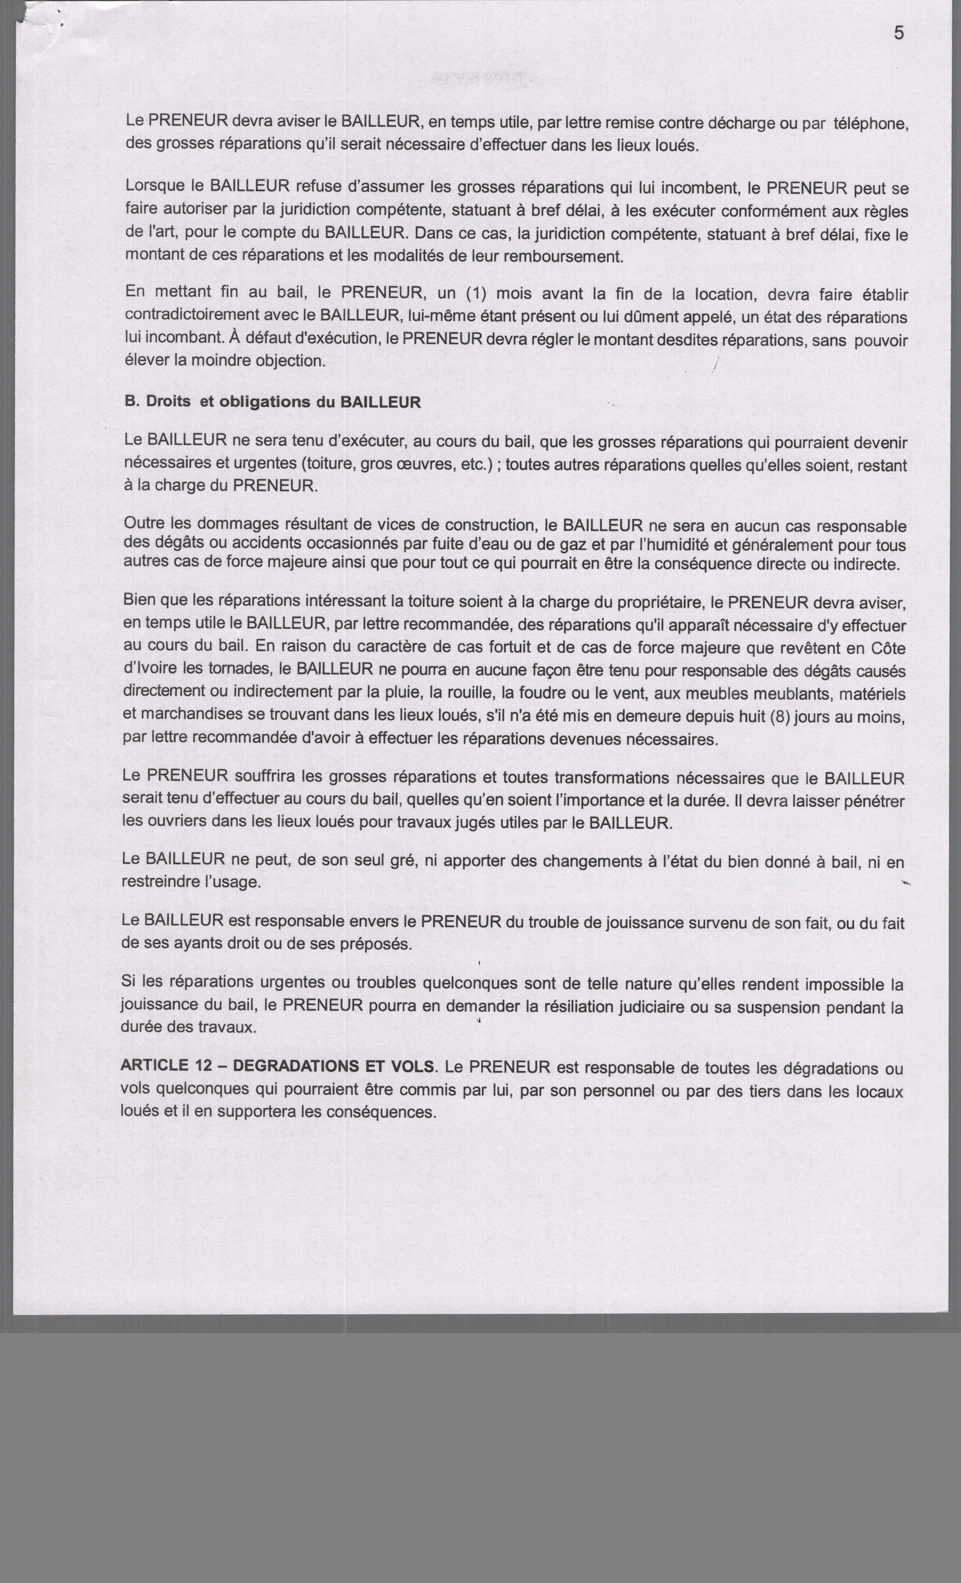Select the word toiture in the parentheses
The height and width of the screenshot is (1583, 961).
(331, 464)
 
